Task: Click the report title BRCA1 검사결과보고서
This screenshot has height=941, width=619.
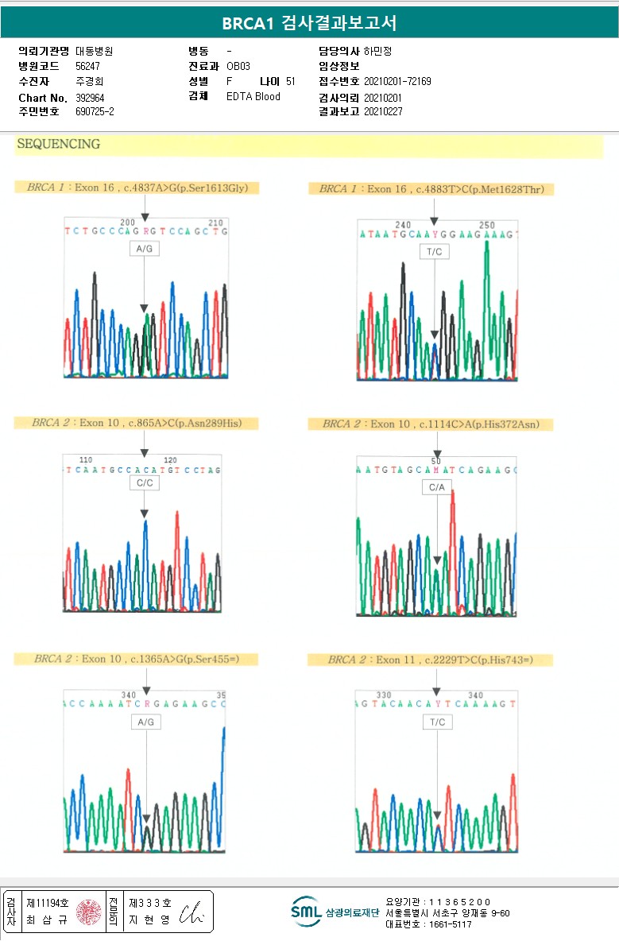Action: pos(309,23)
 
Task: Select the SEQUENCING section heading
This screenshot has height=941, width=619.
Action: pos(59,145)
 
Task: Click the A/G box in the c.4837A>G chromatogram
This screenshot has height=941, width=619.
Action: pos(144,249)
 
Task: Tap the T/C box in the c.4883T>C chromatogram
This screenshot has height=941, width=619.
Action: pos(434,251)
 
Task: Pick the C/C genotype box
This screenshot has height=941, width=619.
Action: pos(144,482)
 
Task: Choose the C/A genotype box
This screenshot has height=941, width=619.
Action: pos(436,486)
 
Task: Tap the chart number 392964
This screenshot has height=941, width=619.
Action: pos(90,98)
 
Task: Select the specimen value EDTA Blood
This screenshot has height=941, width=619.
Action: pos(253,97)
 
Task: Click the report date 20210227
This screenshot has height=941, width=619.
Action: pos(383,111)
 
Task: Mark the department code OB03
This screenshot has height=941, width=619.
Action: pos(238,66)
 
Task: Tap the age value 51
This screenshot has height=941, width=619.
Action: pos(290,81)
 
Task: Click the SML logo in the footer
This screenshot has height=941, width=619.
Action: pos(306,912)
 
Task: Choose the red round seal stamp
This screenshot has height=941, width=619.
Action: pos(88,912)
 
